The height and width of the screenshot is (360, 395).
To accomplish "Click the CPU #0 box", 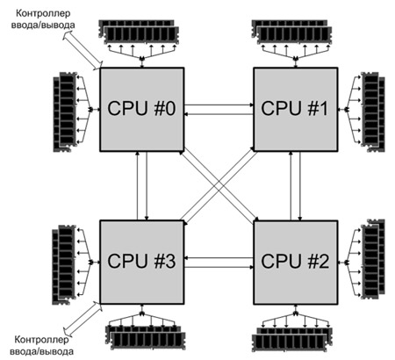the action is pos(142,110).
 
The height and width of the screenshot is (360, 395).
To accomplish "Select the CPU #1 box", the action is pos(296,110).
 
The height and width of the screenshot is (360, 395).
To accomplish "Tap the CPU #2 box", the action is pos(296,263).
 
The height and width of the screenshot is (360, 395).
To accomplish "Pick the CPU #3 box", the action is pos(142,263).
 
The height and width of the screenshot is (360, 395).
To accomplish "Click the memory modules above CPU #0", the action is pos(139,32).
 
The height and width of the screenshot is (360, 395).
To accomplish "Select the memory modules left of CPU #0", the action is pos(65,112).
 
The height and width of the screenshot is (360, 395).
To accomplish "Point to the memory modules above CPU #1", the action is pos(292,32).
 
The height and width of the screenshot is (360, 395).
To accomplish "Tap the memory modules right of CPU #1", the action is pos(373,112).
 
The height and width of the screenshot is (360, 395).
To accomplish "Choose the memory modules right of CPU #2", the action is pos(373,259).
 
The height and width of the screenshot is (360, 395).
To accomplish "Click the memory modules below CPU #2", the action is pos(292,339).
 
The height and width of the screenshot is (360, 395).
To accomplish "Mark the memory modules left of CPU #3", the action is pos(64,265).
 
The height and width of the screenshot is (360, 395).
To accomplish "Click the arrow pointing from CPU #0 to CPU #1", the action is pos(219,104).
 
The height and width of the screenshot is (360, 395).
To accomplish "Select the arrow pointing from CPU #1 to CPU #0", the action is pos(219,114).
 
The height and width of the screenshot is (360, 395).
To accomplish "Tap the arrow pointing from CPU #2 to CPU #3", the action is pos(219,258).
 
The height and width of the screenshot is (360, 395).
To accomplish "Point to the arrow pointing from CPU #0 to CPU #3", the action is pos(147,186).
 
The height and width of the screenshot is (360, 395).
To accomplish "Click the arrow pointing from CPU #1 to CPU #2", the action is pos(300,186).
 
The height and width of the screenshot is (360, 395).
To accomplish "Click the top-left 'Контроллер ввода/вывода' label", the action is pos(43,19).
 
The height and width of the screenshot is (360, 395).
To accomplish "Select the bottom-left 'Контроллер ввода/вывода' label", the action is pos(41,345).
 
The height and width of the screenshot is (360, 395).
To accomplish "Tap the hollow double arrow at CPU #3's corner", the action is pos(83,318).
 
